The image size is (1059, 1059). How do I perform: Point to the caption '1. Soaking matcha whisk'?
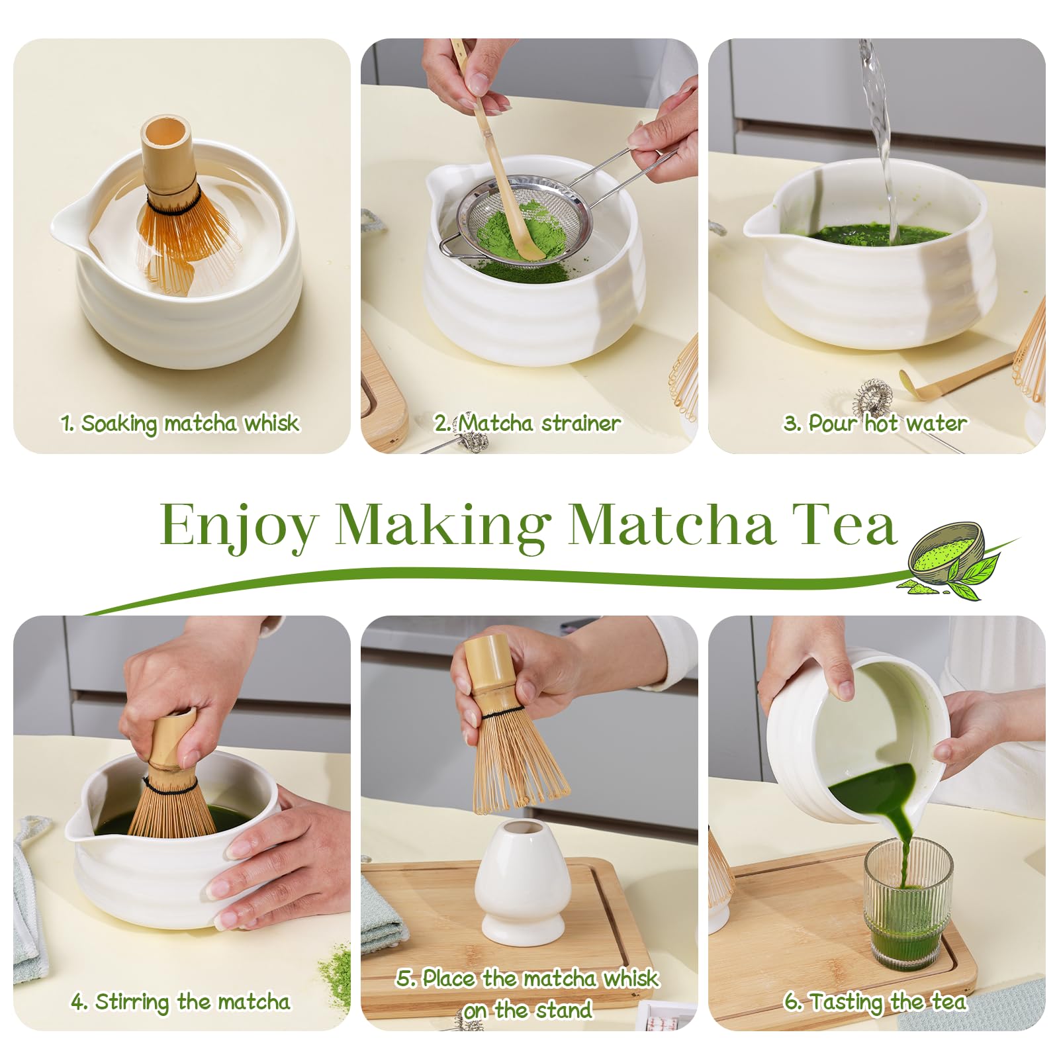tap(180, 424)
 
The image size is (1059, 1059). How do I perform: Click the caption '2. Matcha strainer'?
tap(528, 423)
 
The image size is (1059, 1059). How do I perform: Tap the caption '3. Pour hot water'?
tap(875, 423)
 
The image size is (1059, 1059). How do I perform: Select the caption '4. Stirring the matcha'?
tap(181, 1002)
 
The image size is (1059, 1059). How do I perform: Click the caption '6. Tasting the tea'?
tap(875, 1002)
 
